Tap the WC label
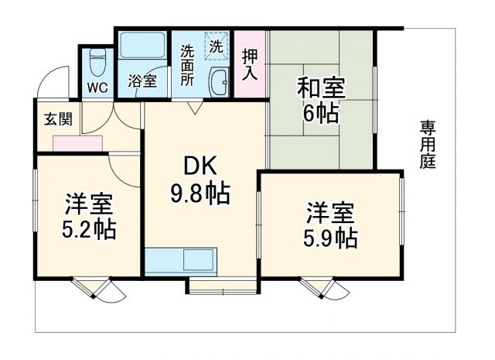point(97,86)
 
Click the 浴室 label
point(142,81)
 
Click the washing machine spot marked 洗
point(217,45)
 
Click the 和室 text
point(320,87)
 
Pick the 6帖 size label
point(320,114)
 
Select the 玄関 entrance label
point(58,119)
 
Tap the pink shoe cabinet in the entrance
point(78,143)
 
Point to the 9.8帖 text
point(200,194)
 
